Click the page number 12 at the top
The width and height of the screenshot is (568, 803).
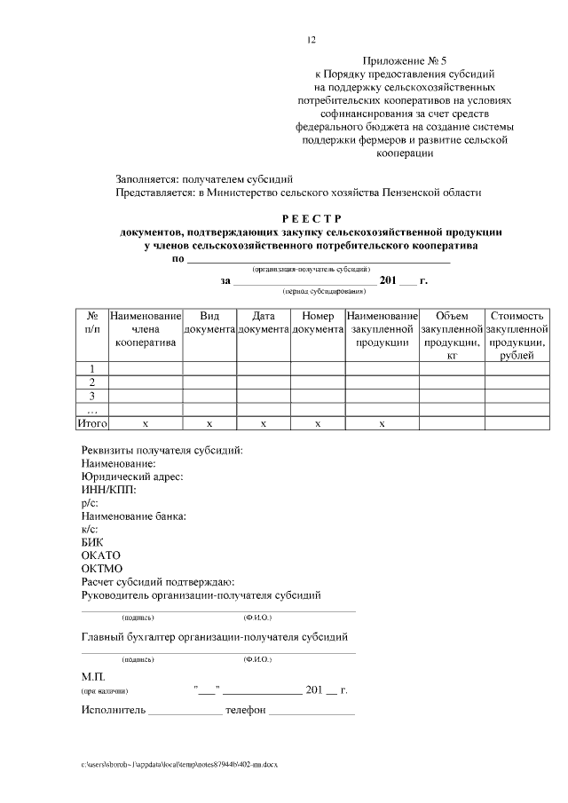pyautogui.click(x=311, y=39)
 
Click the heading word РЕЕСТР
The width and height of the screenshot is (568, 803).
pyautogui.click(x=311, y=219)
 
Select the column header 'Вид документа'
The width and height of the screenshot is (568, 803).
pyautogui.click(x=209, y=322)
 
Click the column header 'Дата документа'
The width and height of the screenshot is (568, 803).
pyautogui.click(x=264, y=322)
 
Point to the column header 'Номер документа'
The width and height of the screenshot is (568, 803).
pyautogui.click(x=318, y=322)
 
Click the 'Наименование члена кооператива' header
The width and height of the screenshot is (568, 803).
pyautogui.click(x=145, y=328)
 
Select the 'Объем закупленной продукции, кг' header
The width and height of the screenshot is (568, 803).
pyautogui.click(x=452, y=335)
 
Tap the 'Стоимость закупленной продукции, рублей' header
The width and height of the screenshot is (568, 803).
pyautogui.click(x=517, y=335)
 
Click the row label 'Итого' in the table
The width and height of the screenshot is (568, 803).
pyautogui.click(x=92, y=424)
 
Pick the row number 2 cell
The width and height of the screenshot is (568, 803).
pyautogui.click(x=92, y=382)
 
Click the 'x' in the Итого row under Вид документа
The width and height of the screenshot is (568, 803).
pyautogui.click(x=209, y=424)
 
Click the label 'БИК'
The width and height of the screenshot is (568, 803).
pyautogui.click(x=92, y=542)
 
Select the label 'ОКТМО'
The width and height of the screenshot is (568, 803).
pyautogui.click(x=101, y=569)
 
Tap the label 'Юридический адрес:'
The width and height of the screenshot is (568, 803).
pyautogui.click(x=131, y=476)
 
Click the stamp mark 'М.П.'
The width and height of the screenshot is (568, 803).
pyautogui.click(x=93, y=676)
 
